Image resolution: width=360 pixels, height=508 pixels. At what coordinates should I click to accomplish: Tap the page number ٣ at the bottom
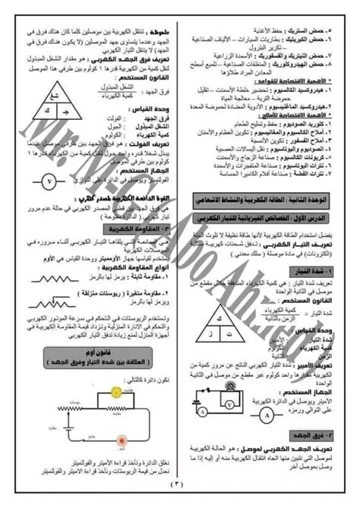click(180, 498)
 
